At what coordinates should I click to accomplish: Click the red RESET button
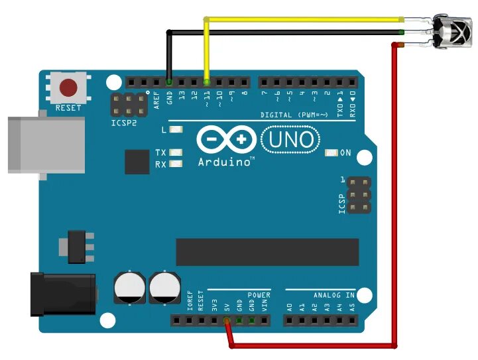(68, 88)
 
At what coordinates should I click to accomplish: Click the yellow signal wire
(305, 19)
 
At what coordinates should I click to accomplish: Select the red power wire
(395, 199)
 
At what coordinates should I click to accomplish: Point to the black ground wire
(285, 31)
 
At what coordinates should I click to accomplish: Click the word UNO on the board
(291, 139)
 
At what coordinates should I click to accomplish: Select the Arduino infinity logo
(226, 140)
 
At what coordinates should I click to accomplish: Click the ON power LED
(332, 153)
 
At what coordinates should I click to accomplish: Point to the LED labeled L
(176, 130)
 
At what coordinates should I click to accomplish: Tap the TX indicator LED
(176, 152)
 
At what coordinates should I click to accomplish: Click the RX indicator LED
(176, 164)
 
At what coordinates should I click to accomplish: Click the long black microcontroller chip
(267, 252)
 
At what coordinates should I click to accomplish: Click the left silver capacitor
(129, 286)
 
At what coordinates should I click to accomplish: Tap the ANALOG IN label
(334, 294)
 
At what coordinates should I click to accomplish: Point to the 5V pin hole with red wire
(227, 322)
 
